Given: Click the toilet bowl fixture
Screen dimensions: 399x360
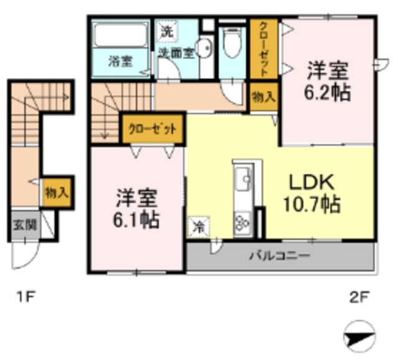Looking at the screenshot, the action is (232, 43).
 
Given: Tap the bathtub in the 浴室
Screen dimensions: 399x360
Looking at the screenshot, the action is (120, 35).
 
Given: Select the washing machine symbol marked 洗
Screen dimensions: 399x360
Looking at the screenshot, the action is (167, 32).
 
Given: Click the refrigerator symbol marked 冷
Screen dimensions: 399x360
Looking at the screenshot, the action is (198, 227).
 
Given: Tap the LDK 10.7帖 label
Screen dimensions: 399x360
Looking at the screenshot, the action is (312, 193).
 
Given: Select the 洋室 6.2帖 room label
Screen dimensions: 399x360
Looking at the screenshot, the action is (328, 81).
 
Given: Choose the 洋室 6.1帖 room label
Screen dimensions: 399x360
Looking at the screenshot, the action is (136, 209).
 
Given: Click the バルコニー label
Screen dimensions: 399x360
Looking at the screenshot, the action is (279, 255).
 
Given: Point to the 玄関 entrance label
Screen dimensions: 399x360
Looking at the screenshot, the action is (25, 225).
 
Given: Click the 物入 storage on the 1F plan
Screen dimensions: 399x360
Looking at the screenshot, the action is (57, 192).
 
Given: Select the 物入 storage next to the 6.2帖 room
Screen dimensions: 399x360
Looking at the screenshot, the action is (264, 97).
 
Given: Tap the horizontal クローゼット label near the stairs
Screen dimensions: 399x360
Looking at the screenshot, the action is (152, 129).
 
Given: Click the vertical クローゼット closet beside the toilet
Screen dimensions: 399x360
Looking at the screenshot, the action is (264, 49).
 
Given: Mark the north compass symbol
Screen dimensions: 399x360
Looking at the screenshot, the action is (360, 336).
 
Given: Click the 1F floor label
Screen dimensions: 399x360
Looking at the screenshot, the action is (26, 296).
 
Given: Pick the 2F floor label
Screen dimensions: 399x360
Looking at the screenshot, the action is (360, 297).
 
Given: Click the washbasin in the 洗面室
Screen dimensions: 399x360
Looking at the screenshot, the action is (205, 49).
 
